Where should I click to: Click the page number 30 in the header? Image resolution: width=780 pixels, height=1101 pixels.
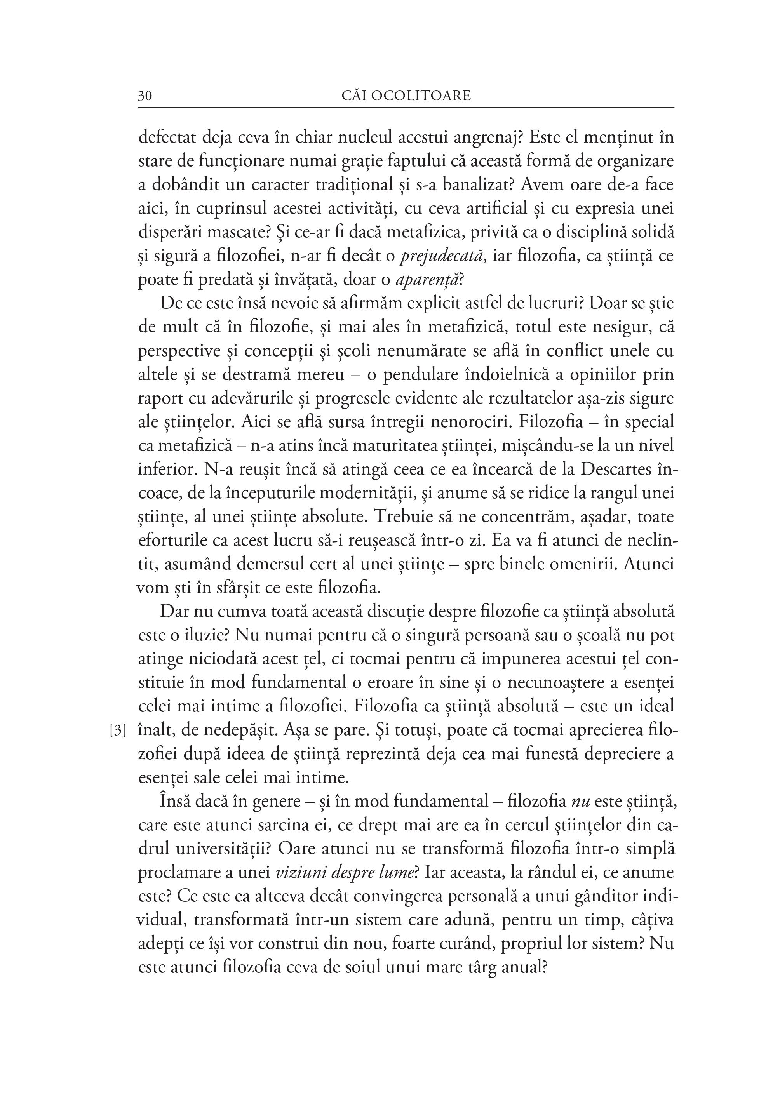tap(145, 96)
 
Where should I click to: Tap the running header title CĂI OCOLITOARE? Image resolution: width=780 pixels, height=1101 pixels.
tap(406, 96)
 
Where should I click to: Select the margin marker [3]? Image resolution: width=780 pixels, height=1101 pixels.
tap(118, 731)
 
